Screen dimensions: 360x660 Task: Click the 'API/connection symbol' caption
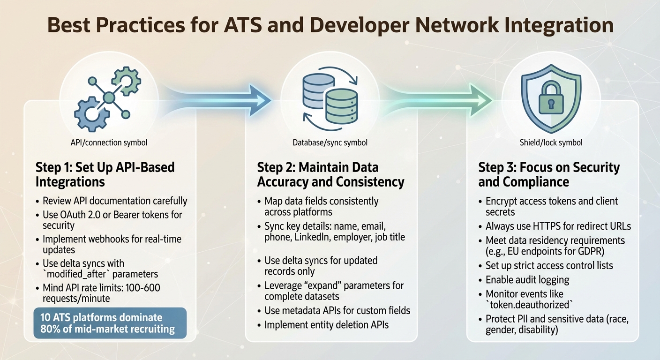pyautogui.click(x=108, y=142)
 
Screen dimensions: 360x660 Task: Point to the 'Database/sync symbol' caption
pyautogui.click(x=330, y=142)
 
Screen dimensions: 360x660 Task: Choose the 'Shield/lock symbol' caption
pyautogui.click(x=551, y=142)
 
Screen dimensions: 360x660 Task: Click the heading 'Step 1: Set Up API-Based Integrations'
pyautogui.click(x=105, y=174)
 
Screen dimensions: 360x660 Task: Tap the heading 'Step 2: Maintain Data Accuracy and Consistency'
pyautogui.click(x=330, y=174)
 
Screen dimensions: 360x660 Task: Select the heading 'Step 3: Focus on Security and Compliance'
pyautogui.click(x=549, y=174)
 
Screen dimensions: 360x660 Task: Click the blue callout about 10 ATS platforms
pyautogui.click(x=110, y=323)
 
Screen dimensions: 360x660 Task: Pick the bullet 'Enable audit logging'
pyautogui.click(x=527, y=280)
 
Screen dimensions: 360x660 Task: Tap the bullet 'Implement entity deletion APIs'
pyautogui.click(x=326, y=324)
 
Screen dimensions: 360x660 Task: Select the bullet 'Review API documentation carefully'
pyautogui.click(x=115, y=201)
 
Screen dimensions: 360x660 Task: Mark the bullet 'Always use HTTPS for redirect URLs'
pyautogui.click(x=558, y=226)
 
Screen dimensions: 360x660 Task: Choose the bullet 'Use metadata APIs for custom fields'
pyautogui.click(x=337, y=310)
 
